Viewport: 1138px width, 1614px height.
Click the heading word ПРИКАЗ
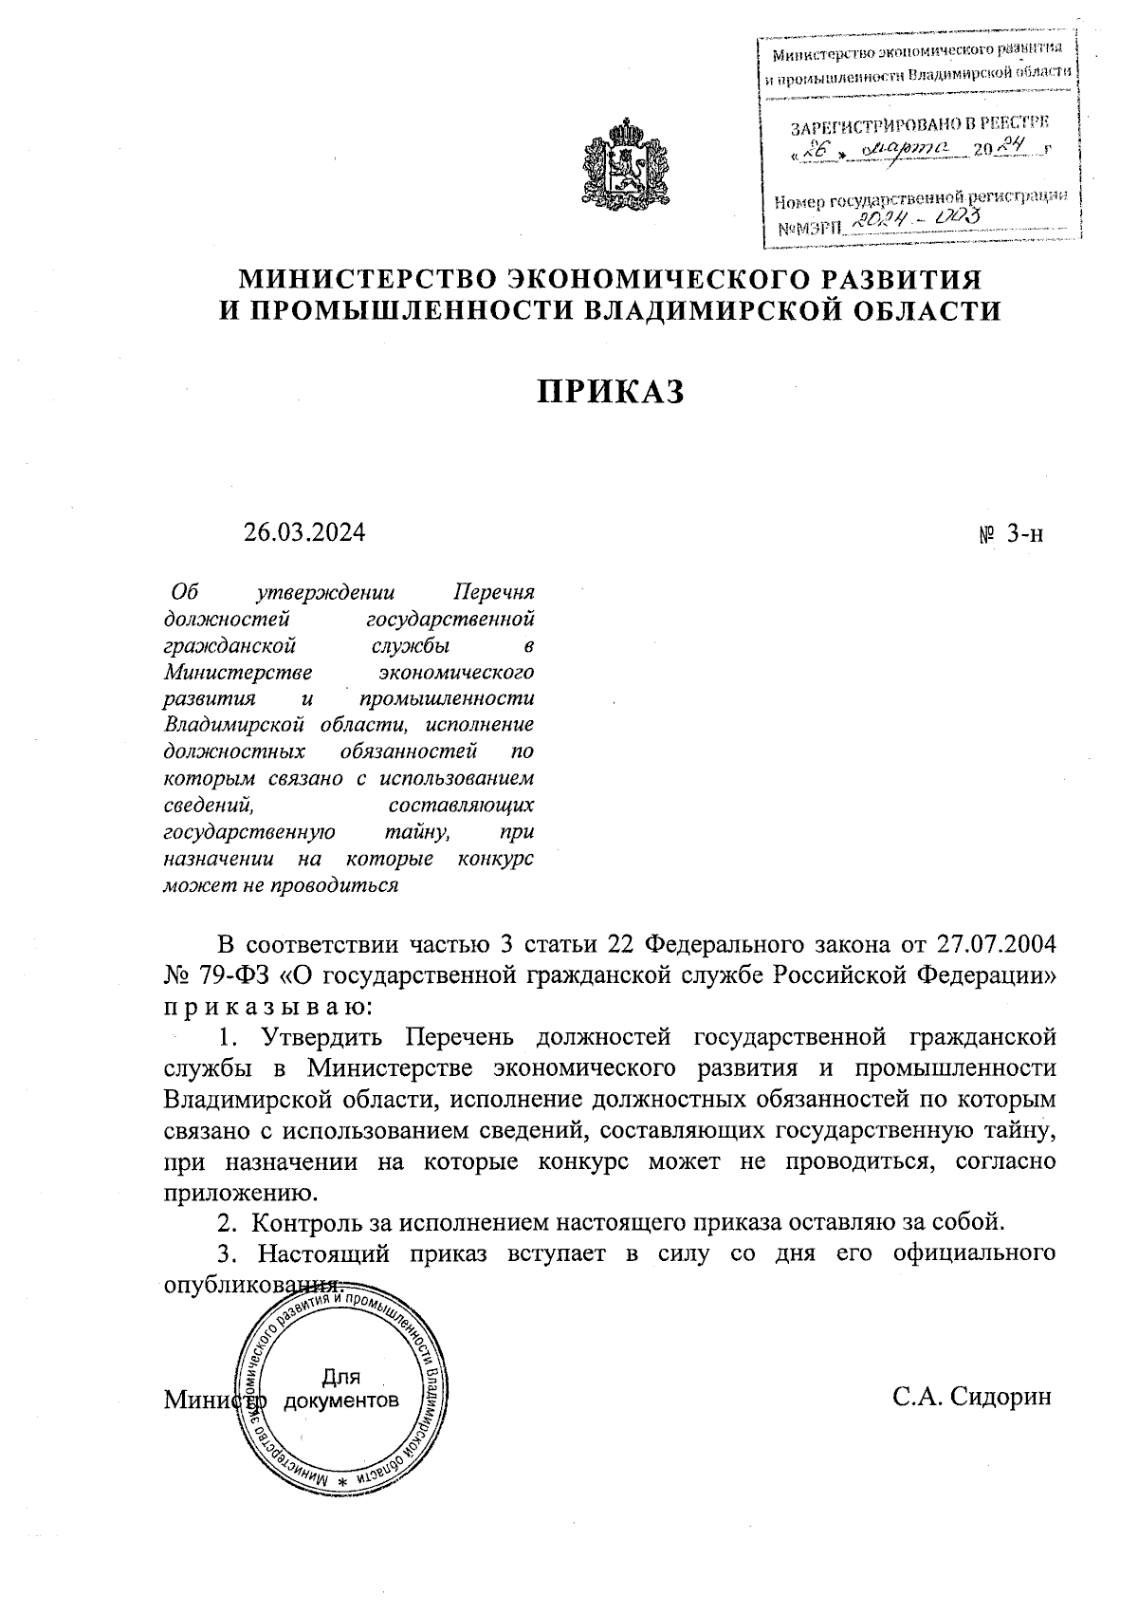611,392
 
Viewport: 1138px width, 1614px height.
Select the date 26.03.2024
303,532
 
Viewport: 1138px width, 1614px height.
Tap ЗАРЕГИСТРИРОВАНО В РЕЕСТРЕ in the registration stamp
920,124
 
